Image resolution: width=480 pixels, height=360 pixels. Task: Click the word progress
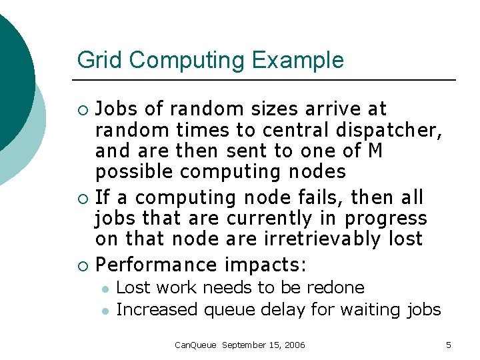click(x=386, y=219)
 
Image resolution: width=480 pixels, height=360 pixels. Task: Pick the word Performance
click(x=157, y=265)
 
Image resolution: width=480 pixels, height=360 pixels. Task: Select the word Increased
click(x=158, y=309)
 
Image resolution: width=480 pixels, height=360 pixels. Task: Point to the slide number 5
click(x=449, y=345)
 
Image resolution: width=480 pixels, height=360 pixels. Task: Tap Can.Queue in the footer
click(x=195, y=345)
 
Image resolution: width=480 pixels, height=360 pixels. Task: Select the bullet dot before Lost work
click(x=104, y=289)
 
